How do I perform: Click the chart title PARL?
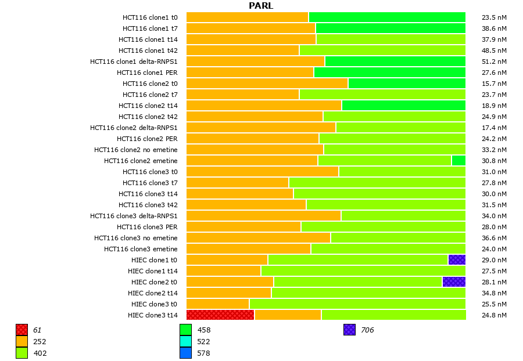261,6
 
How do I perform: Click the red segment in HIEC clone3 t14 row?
220,315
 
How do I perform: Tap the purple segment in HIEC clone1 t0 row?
457,259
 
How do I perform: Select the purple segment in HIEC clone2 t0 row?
454,281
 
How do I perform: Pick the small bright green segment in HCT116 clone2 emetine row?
458,160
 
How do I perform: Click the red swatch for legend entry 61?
22,330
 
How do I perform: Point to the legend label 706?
367,330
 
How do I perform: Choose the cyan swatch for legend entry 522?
185,341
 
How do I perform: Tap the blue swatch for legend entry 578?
185,353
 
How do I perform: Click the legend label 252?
40,341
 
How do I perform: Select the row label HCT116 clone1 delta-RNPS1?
134,61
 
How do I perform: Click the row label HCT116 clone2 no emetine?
136,149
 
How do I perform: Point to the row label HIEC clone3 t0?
154,304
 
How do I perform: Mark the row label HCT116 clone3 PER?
147,226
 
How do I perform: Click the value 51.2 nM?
494,61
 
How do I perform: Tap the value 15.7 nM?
494,83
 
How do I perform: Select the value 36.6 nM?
494,237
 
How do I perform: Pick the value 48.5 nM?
494,50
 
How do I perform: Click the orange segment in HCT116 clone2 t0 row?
267,83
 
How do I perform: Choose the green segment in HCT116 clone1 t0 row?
387,17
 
